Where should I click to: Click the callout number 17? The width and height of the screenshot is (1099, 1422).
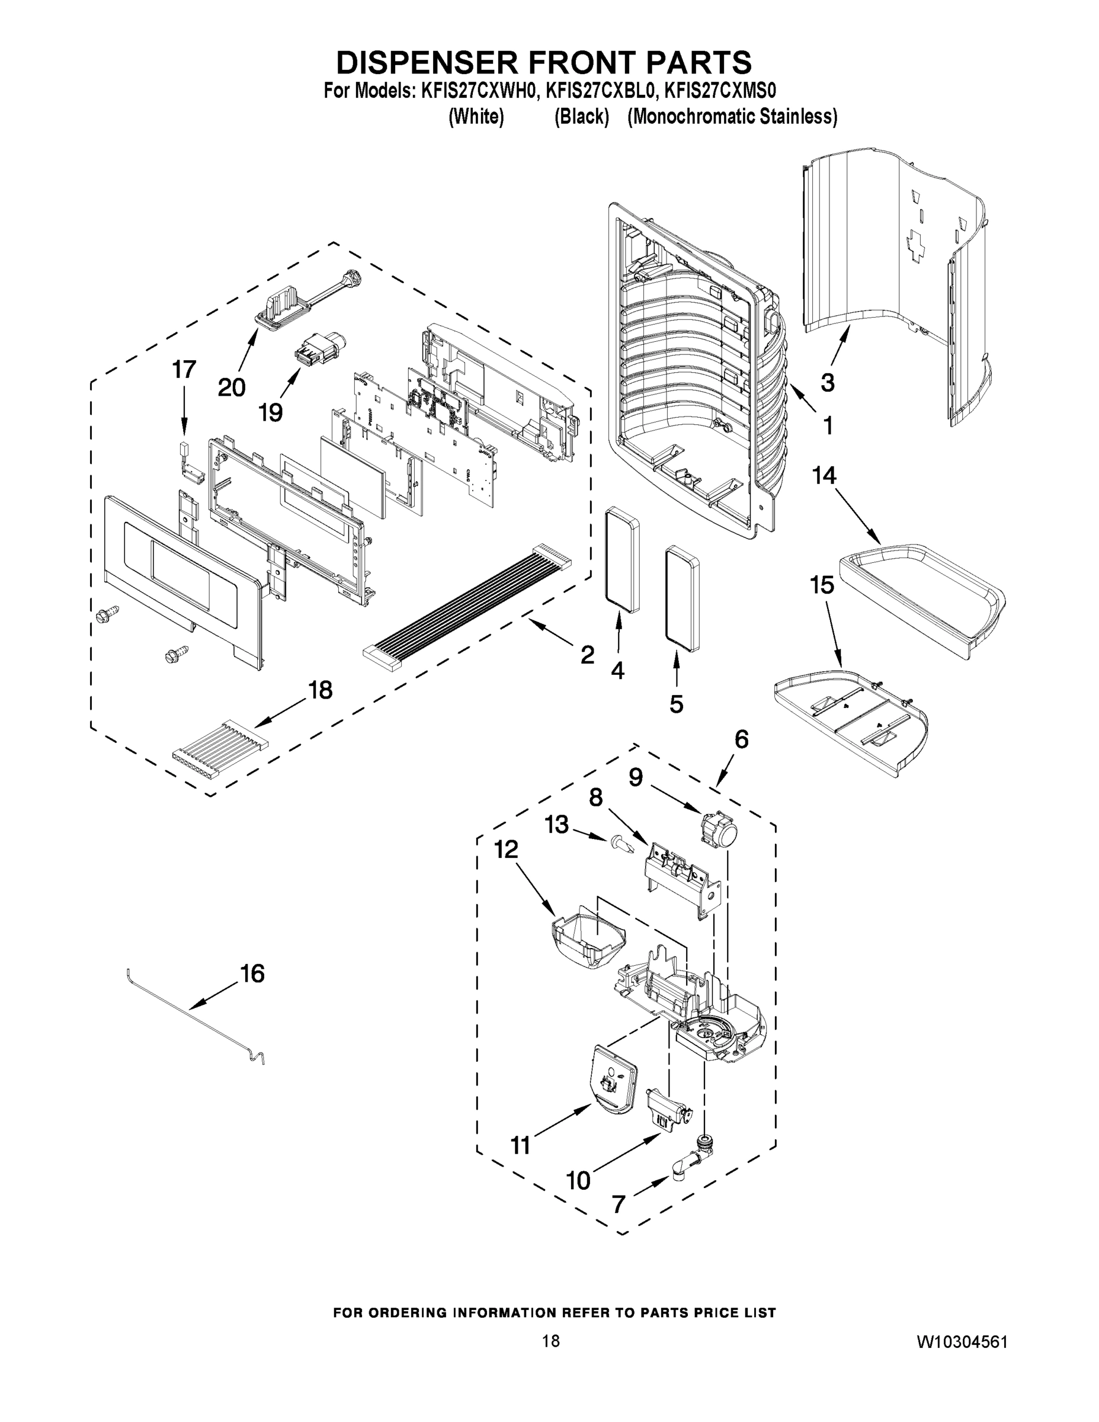184,370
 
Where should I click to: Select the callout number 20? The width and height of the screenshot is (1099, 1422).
231,387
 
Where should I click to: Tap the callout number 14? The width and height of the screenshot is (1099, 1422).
824,476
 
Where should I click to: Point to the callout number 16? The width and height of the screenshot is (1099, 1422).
252,974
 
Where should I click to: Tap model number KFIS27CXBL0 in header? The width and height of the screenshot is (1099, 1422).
598,89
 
